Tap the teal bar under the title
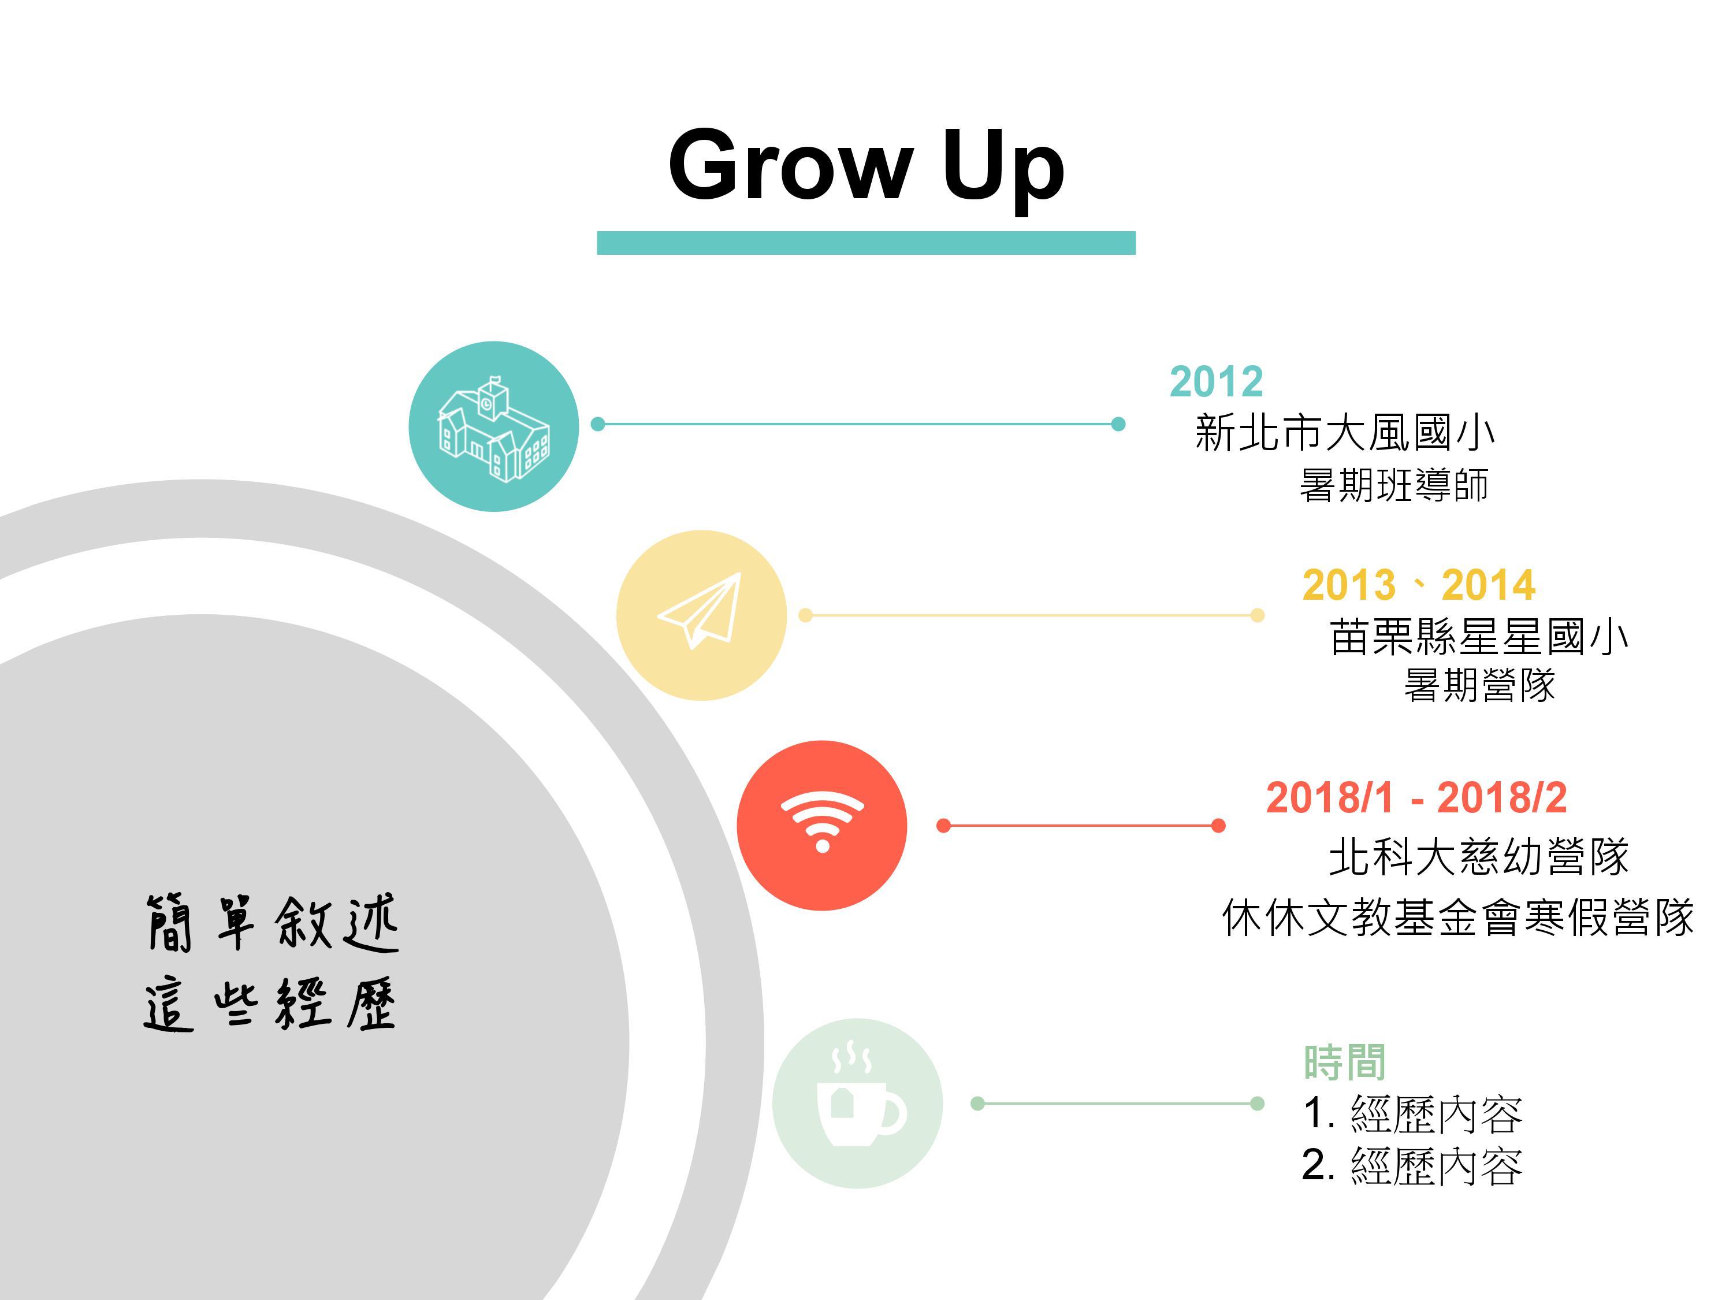click(x=866, y=243)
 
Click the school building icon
click(x=493, y=428)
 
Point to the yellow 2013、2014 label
click(x=1418, y=585)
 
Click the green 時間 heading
click(x=1344, y=1062)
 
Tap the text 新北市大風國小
click(x=1344, y=433)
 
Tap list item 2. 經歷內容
click(x=1412, y=1166)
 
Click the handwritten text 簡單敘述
click(x=273, y=924)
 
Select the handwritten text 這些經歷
click(x=271, y=1004)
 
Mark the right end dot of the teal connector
click(x=1118, y=424)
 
